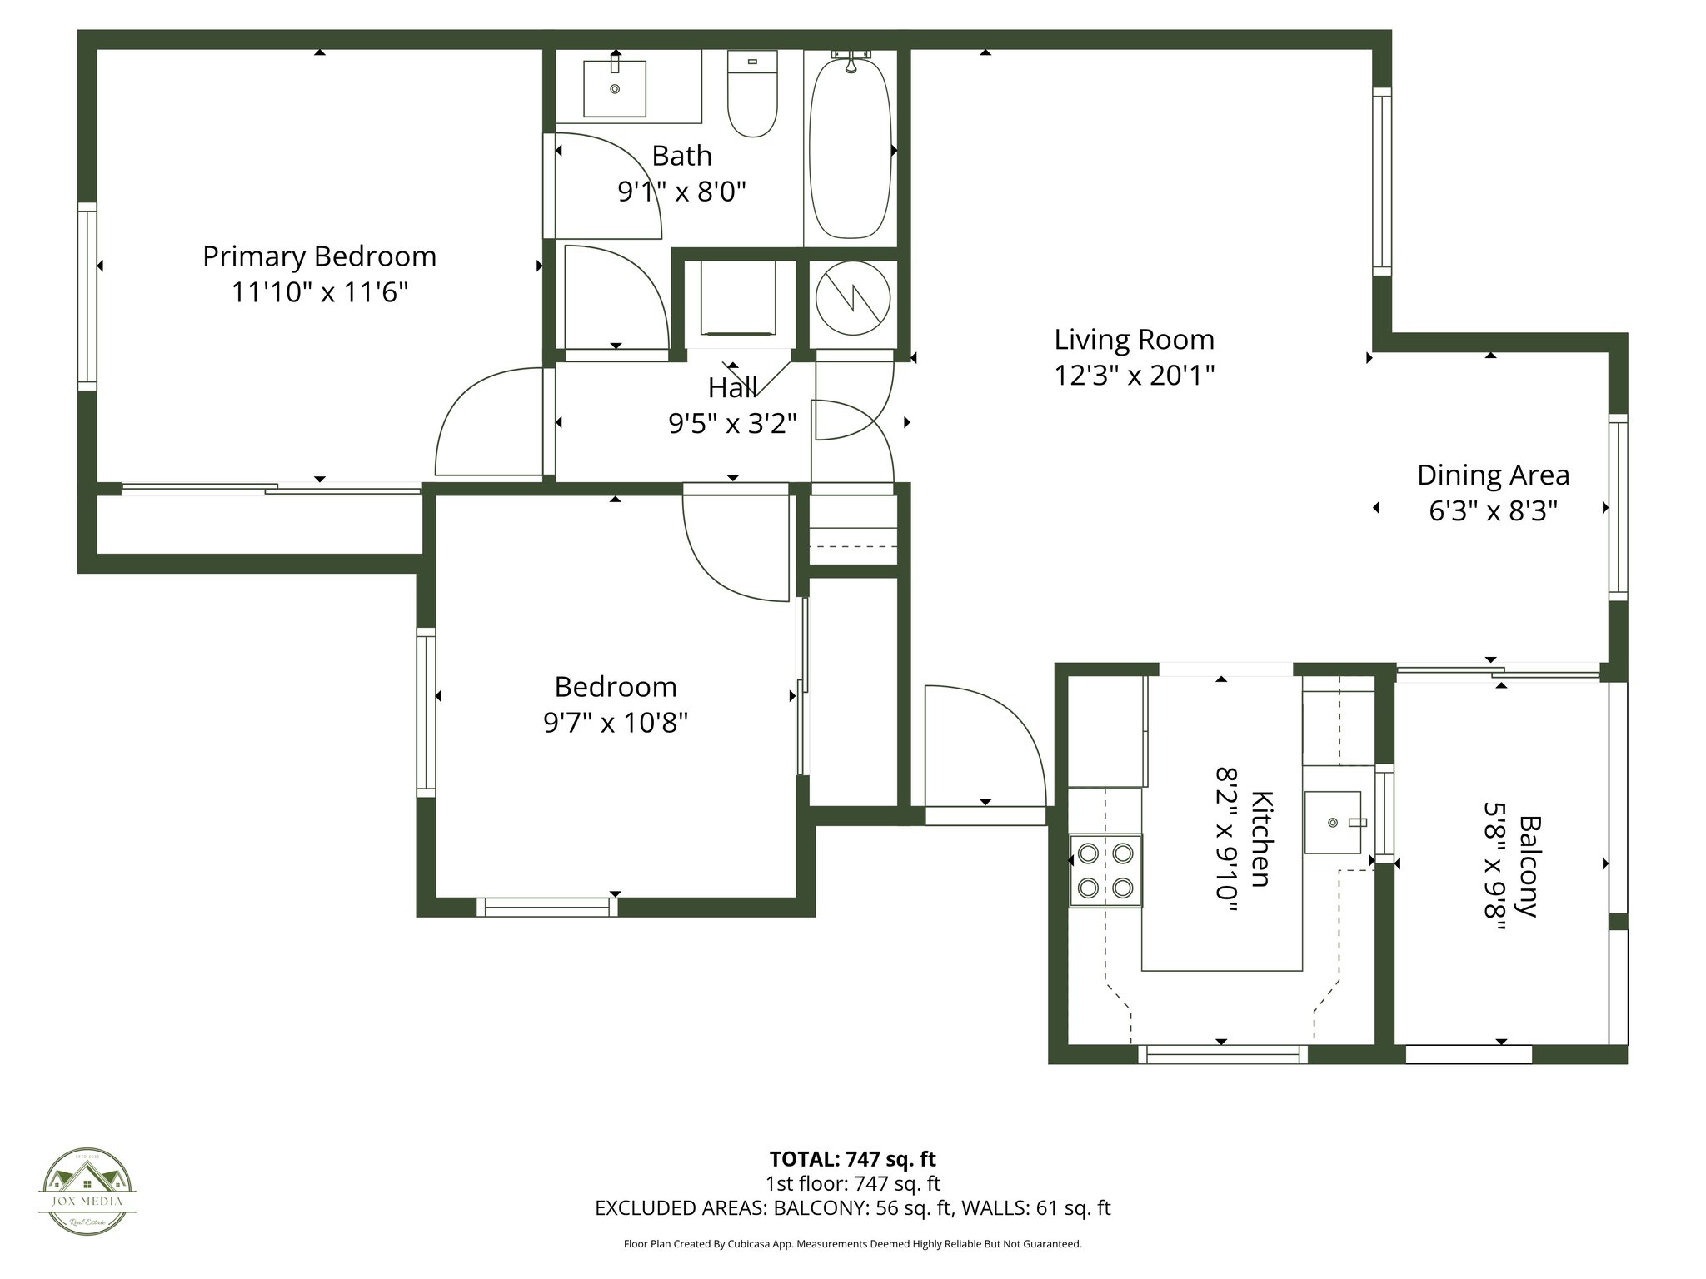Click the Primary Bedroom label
(x=319, y=256)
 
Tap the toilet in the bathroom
(x=752, y=93)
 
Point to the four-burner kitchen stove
(x=1105, y=870)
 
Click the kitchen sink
(x=1333, y=823)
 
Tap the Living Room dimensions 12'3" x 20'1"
(x=1134, y=376)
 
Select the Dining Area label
(x=1493, y=475)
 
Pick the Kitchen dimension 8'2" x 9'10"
(x=1226, y=839)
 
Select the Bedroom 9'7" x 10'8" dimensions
(x=615, y=723)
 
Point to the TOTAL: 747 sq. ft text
(x=852, y=1159)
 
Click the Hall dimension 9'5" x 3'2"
(x=732, y=425)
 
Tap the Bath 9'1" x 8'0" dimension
(x=681, y=193)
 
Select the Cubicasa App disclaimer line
(x=852, y=1244)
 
